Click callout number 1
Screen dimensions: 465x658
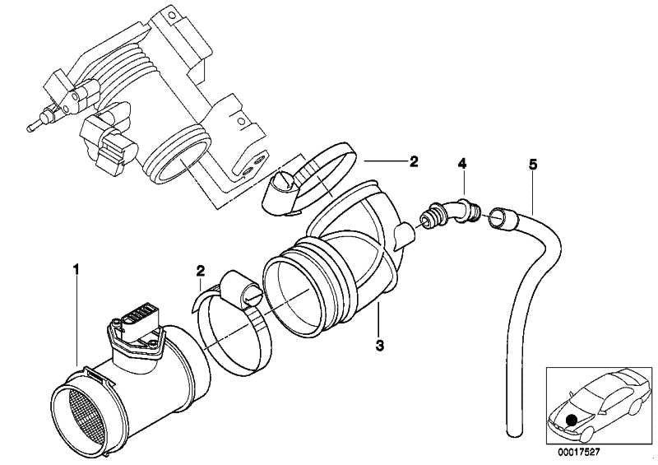coord(76,269)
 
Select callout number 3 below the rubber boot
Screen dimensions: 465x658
coord(379,346)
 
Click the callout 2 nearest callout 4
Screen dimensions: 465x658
coord(414,161)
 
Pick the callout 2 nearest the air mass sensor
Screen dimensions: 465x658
coord(201,270)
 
